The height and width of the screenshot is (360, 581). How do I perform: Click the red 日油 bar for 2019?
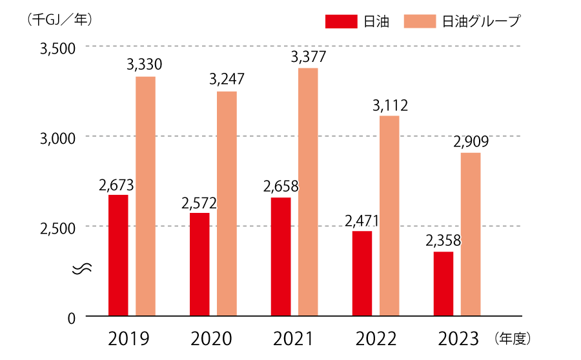[x=118, y=255]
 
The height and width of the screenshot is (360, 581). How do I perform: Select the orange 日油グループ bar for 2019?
[x=145, y=197]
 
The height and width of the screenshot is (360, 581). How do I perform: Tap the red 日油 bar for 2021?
[x=281, y=257]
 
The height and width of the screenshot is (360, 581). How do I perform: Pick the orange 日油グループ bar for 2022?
[x=389, y=216]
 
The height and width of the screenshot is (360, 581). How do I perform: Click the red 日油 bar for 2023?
[x=443, y=284]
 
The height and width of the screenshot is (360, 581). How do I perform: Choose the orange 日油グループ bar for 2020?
[x=227, y=204]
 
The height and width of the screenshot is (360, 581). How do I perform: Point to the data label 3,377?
[x=308, y=57]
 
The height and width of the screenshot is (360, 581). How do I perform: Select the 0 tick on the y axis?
[x=72, y=317]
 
